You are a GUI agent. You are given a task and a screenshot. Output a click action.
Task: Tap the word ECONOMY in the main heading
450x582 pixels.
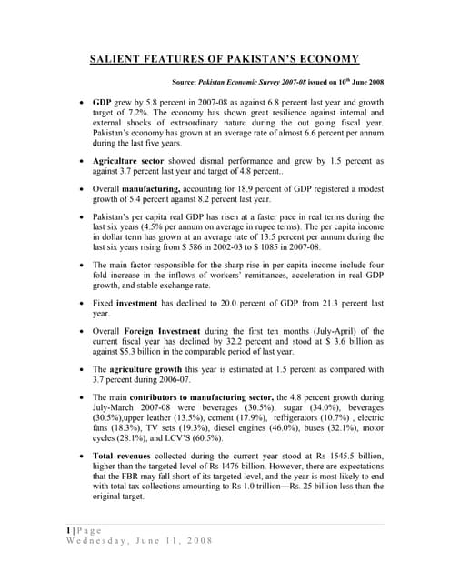324,59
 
